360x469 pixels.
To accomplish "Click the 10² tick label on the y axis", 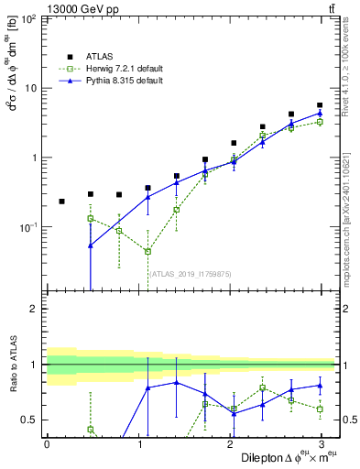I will click(30, 19).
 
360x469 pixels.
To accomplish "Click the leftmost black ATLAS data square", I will click(61, 201).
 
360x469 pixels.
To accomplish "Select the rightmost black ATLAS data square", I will click(320, 105).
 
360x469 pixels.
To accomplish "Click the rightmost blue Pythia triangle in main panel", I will click(320, 114).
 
